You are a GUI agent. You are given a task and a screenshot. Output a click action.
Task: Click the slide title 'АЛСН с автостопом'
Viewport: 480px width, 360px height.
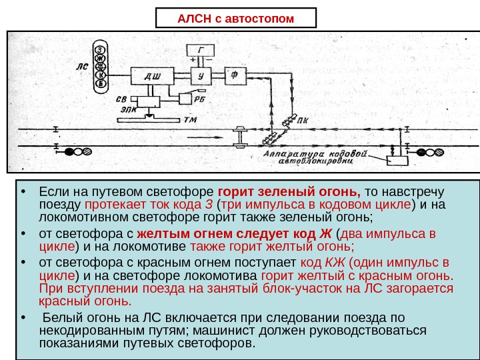(x=235, y=18)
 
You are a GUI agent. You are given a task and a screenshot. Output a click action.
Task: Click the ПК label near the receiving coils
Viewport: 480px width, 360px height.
(x=303, y=121)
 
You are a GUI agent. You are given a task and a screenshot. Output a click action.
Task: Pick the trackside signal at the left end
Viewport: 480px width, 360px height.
(x=78, y=151)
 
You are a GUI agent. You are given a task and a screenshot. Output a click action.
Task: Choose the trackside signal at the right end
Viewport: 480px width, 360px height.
(x=430, y=151)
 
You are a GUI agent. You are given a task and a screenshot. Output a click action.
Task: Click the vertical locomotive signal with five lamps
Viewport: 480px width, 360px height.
(x=100, y=67)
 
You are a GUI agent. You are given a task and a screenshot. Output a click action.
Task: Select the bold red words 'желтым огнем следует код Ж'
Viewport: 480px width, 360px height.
(x=233, y=234)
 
